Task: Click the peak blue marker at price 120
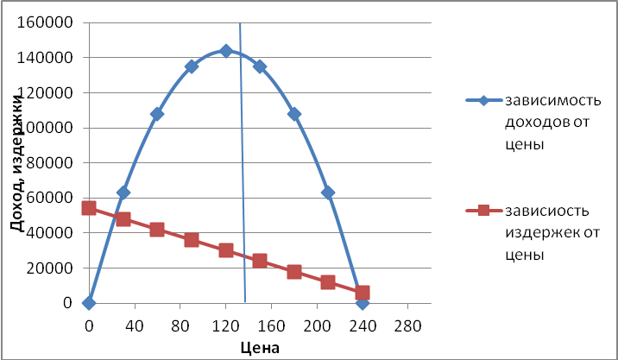pyautogui.click(x=226, y=51)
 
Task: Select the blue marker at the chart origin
pyautogui.click(x=89, y=303)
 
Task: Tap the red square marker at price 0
pyautogui.click(x=89, y=208)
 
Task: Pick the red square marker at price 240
pyautogui.click(x=363, y=293)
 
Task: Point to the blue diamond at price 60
pyautogui.click(x=157, y=114)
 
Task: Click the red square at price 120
pyautogui.click(x=226, y=250)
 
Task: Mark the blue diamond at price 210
pyautogui.click(x=328, y=193)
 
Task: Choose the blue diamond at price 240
pyautogui.click(x=363, y=303)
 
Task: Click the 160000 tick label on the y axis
pyautogui.click(x=45, y=22)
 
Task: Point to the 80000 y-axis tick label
pyautogui.click(x=48, y=162)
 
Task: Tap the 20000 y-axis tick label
pyautogui.click(x=48, y=268)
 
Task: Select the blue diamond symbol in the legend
pyautogui.click(x=483, y=101)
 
